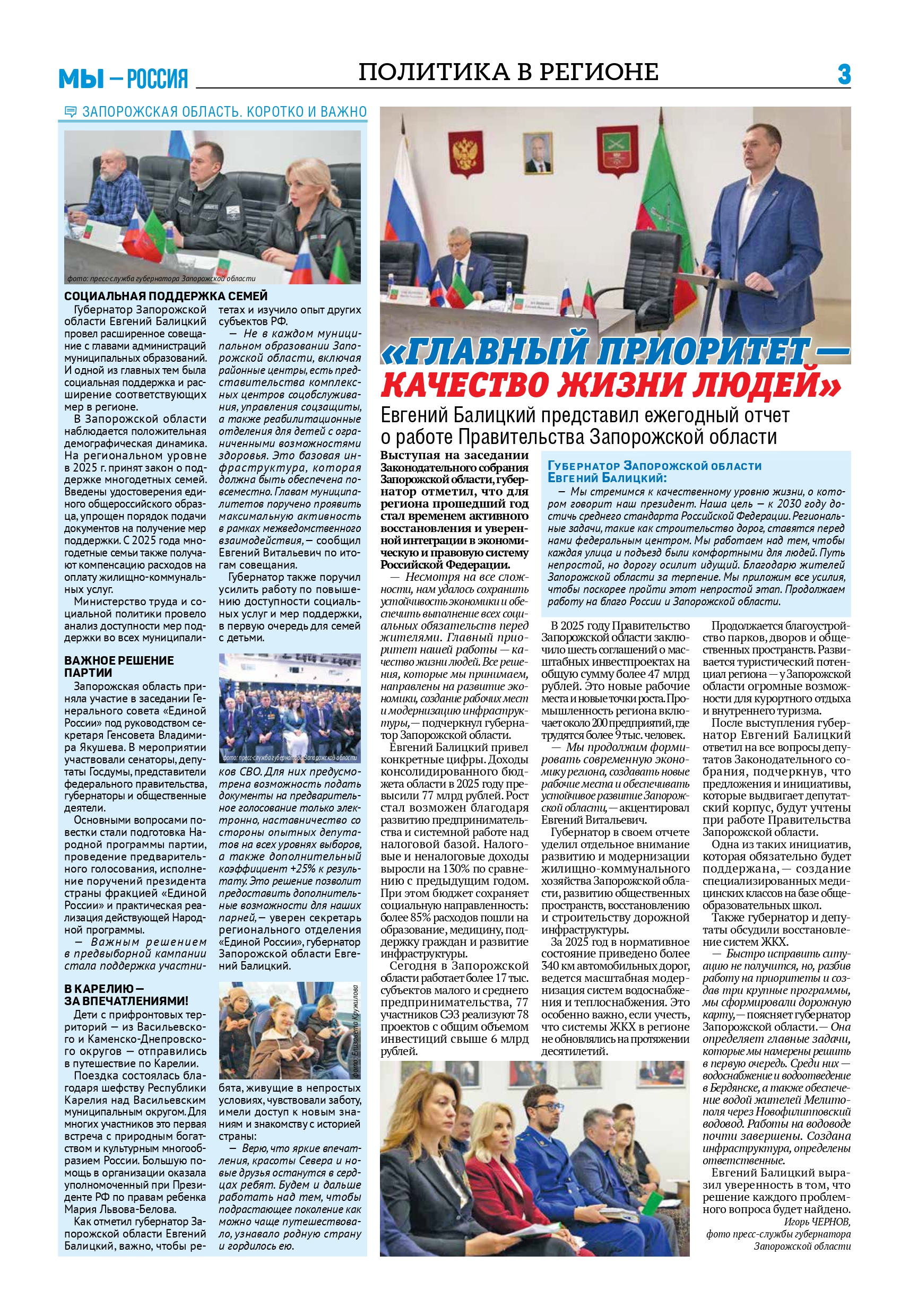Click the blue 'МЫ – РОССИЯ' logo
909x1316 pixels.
(x=123, y=78)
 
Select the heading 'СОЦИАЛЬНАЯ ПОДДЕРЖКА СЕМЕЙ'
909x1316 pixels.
(x=166, y=296)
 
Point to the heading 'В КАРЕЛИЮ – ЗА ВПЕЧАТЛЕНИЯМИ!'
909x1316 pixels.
(x=126, y=995)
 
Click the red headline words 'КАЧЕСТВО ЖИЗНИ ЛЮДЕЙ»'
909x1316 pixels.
(x=611, y=385)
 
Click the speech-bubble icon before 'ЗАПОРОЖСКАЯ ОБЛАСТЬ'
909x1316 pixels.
(x=71, y=111)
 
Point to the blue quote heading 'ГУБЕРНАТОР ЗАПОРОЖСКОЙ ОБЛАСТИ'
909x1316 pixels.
(x=654, y=466)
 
